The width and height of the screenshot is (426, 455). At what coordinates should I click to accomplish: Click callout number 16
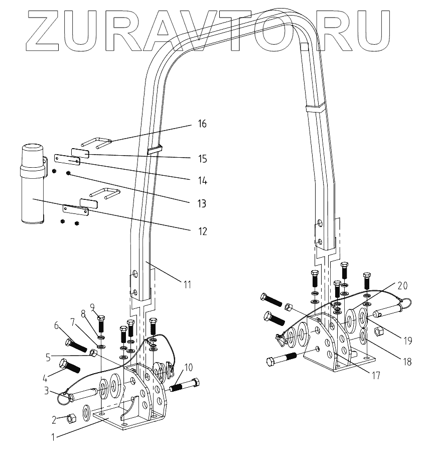pos(202,124)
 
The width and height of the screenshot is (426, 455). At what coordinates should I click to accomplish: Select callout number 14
pos(202,180)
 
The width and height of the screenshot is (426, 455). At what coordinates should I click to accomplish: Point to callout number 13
pos(202,204)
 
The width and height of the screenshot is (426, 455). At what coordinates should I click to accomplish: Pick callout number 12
pos(202,232)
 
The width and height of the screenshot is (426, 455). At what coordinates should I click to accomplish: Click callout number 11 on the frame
pos(187,285)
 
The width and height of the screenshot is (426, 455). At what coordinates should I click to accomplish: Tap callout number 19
pos(407,340)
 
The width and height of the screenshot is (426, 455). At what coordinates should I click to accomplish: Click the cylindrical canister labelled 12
pos(32,183)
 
